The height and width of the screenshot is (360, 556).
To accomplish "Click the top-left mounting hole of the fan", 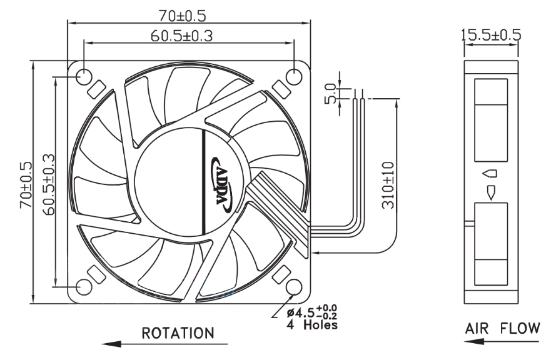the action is [x=84, y=76].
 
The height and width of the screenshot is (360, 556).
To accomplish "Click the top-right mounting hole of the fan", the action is [x=294, y=76].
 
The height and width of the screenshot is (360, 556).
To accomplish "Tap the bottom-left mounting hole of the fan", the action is [x=84, y=287].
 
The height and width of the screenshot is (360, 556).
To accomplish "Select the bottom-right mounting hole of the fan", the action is [x=294, y=287].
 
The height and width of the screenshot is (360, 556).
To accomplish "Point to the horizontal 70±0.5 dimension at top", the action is [x=182, y=16].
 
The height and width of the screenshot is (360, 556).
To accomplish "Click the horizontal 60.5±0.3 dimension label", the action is [x=181, y=36].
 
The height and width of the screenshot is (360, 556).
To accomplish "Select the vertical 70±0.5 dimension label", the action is [x=26, y=184].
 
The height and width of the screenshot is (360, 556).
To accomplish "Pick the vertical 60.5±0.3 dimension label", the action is [x=49, y=184].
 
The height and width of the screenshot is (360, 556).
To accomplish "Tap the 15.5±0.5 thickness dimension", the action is [x=491, y=35].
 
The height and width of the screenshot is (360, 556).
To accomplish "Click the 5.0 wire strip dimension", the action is [x=330, y=94].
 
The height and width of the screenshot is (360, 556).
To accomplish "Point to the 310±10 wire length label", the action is [x=388, y=185].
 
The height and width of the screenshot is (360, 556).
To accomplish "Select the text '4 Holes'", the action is [x=312, y=324].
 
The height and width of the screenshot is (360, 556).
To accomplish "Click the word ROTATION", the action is [x=178, y=333].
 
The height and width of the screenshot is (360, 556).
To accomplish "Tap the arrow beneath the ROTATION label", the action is [x=164, y=344].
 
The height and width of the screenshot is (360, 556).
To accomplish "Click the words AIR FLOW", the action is [x=502, y=329].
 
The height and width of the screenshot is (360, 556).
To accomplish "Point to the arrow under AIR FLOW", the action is [x=501, y=342].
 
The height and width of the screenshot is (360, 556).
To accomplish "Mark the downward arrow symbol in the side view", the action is [x=491, y=192].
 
